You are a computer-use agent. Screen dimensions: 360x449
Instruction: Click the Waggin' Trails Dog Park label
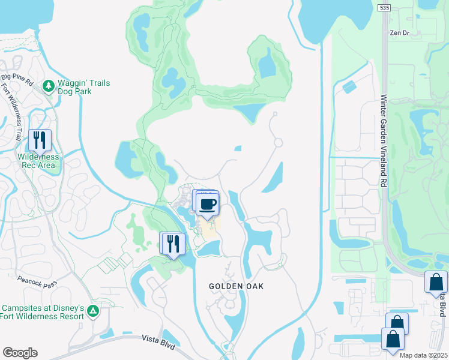[x=84, y=88]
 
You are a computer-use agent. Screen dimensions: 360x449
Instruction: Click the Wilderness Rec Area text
[x=37, y=161]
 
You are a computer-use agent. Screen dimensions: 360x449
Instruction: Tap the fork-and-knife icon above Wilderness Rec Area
[x=40, y=140]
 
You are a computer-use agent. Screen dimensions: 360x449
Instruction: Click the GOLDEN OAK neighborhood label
[x=236, y=286]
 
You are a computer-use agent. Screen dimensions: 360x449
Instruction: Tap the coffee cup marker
[x=208, y=204]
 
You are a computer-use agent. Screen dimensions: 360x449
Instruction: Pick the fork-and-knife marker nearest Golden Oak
[x=172, y=243]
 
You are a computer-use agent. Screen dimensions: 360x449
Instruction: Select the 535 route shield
[x=385, y=8]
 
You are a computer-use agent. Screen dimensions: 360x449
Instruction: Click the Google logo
[x=20, y=353]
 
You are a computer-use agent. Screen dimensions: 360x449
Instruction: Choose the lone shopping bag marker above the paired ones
[x=435, y=281]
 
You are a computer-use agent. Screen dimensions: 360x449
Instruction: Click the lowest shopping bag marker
[x=393, y=338]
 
